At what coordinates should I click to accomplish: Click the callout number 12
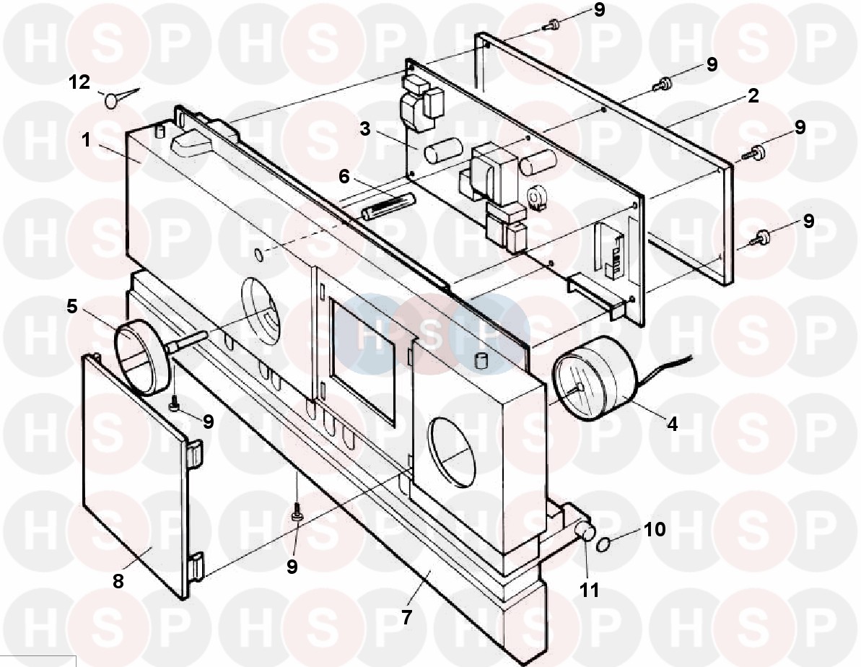click(x=79, y=82)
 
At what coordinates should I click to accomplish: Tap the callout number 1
click(x=86, y=140)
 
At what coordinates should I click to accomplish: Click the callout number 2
click(x=753, y=95)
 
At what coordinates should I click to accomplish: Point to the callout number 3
click(x=365, y=130)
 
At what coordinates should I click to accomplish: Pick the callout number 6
click(x=344, y=176)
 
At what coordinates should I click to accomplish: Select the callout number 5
click(x=72, y=306)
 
